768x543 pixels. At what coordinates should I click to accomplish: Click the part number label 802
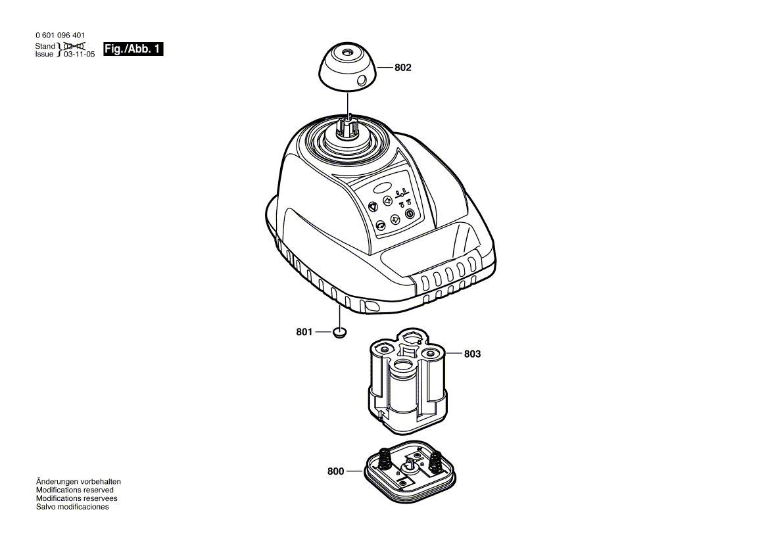403,68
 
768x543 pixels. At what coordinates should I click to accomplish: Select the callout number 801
304,333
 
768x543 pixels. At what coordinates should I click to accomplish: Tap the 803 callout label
472,354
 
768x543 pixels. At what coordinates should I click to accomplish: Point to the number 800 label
335,471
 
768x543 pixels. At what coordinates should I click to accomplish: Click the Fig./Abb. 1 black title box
133,49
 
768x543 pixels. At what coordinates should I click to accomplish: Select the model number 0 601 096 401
60,36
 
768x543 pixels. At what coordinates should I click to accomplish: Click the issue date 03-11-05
79,55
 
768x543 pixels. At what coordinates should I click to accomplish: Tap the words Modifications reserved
74,490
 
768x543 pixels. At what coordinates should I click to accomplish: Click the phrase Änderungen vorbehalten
78,481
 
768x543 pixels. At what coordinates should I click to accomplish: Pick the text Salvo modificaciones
72,507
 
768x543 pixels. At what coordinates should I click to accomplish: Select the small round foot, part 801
339,333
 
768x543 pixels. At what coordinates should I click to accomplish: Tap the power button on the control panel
410,214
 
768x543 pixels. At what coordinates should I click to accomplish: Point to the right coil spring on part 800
435,463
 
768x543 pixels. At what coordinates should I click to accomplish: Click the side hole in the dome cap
361,80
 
